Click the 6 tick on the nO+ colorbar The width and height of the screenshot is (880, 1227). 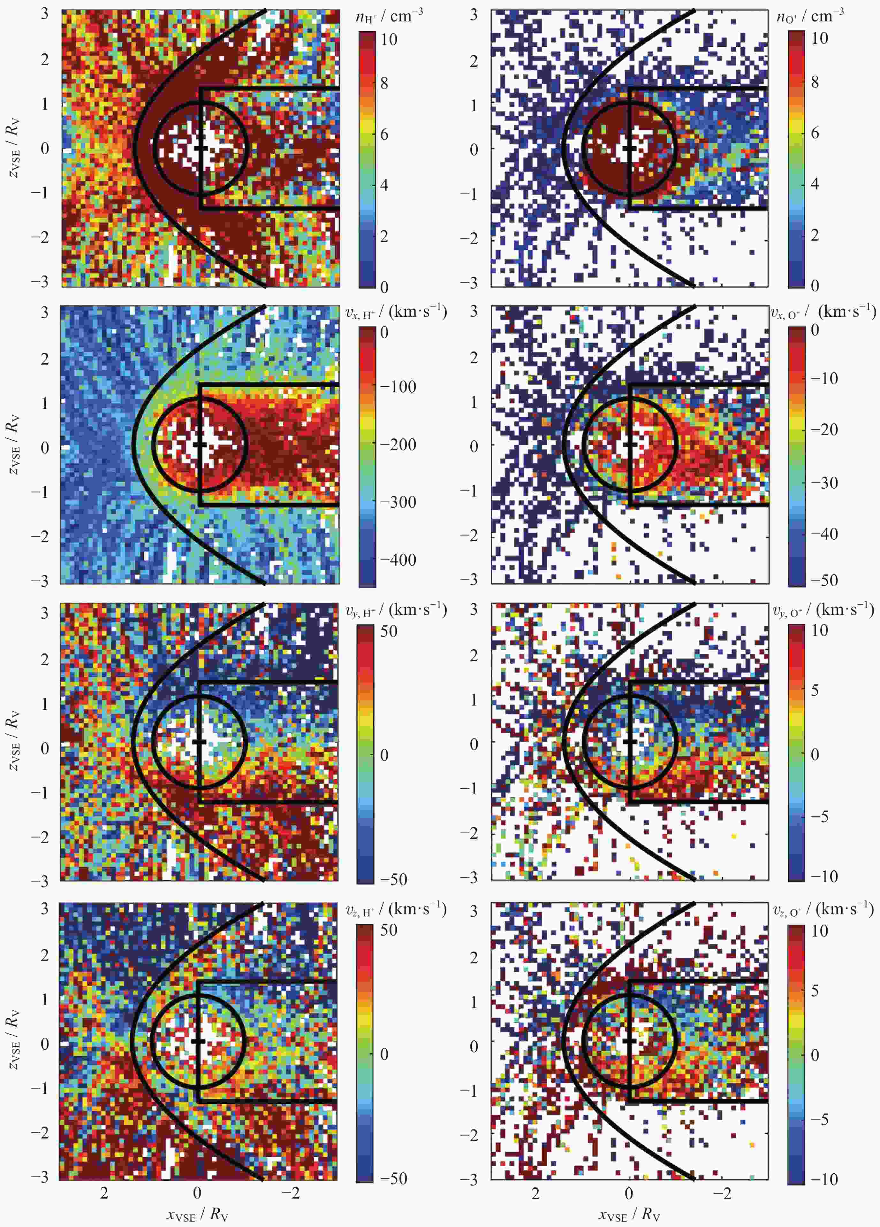tap(815, 133)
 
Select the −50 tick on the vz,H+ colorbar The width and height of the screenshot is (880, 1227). tap(393, 1178)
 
